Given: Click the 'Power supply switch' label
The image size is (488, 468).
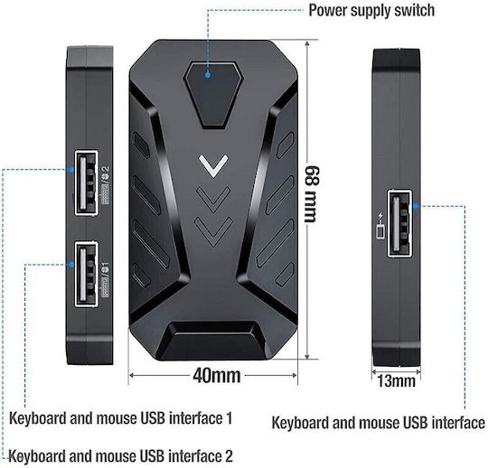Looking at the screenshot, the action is (371, 11).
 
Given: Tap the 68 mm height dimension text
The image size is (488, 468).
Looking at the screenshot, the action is (312, 194).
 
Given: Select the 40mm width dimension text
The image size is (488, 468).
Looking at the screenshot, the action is (217, 376).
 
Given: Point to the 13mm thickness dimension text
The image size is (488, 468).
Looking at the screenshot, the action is (396, 380).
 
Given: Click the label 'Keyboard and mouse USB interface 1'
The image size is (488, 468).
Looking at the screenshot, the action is (121, 418).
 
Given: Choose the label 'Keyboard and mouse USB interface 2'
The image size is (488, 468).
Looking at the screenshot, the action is (121, 456).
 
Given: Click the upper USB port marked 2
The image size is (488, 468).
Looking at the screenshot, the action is (87, 183).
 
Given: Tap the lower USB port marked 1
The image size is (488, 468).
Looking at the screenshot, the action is (87, 274).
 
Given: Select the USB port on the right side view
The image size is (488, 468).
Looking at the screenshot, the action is (400, 223).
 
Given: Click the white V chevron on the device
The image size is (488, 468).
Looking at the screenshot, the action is (213, 166).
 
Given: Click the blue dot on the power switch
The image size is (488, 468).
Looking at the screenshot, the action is (208, 75).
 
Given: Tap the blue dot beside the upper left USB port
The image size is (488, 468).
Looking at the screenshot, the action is (71, 170).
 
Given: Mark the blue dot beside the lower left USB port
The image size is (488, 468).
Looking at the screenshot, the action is (71, 264).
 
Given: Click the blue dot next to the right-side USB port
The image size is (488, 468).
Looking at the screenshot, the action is (416, 206).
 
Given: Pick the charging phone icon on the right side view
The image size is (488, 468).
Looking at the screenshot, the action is (380, 226).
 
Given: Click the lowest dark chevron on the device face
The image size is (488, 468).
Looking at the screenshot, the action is (213, 232).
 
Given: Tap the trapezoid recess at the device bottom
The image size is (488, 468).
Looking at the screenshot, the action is (213, 340).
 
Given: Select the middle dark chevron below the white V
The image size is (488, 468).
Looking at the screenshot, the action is (213, 200).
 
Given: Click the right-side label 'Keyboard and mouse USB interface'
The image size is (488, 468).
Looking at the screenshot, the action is (378, 423).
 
